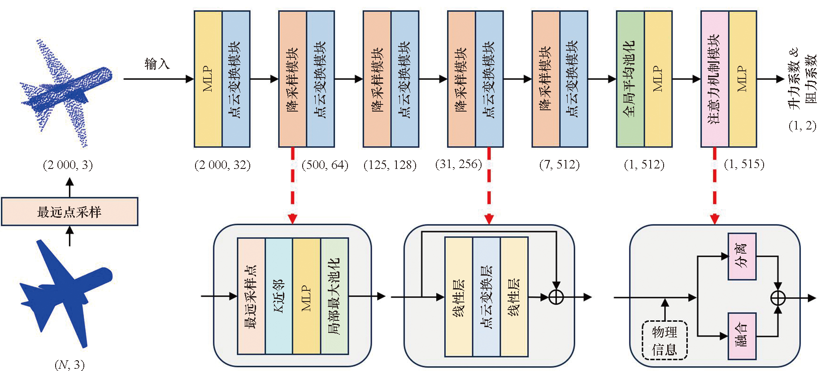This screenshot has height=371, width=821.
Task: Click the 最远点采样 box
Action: pos(70,211)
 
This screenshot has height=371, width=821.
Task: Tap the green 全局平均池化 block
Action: pos(630,79)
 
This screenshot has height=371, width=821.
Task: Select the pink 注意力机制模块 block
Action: pos(714,79)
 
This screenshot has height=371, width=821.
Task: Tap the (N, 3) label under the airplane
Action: pos(70,364)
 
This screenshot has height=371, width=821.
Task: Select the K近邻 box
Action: pos(278,296)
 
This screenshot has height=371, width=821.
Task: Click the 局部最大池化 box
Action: pos(334,296)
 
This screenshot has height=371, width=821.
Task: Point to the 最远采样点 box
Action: pos(251,296)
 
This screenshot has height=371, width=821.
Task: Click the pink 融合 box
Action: pos(742,336)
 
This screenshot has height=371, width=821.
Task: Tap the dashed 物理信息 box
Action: pos(665,340)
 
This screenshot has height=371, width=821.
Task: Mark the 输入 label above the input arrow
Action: pos(157,64)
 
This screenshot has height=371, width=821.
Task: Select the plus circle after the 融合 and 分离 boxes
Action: pos(778,298)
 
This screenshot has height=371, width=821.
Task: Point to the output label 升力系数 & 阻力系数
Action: pos(802,79)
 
